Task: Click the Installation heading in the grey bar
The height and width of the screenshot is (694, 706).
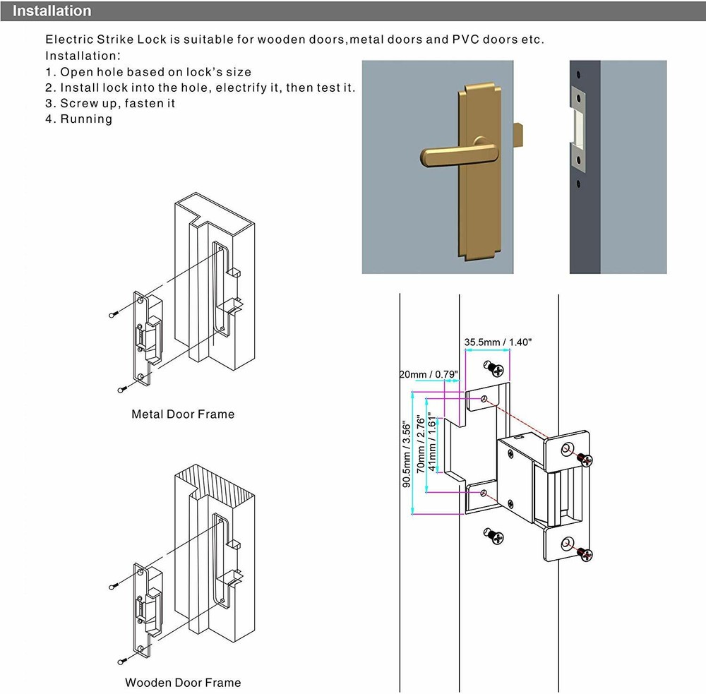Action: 52,11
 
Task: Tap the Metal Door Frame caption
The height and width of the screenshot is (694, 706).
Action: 183,414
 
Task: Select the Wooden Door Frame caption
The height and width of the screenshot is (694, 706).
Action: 183,682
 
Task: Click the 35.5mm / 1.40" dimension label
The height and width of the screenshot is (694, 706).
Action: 498,342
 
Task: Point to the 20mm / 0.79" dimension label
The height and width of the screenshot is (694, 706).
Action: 429,373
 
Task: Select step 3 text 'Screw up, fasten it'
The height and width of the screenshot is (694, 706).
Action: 110,103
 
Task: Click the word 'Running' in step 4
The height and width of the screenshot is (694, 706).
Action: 86,119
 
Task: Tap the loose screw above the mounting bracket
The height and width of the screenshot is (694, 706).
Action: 494,369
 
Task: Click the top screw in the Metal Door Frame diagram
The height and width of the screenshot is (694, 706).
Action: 113,314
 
